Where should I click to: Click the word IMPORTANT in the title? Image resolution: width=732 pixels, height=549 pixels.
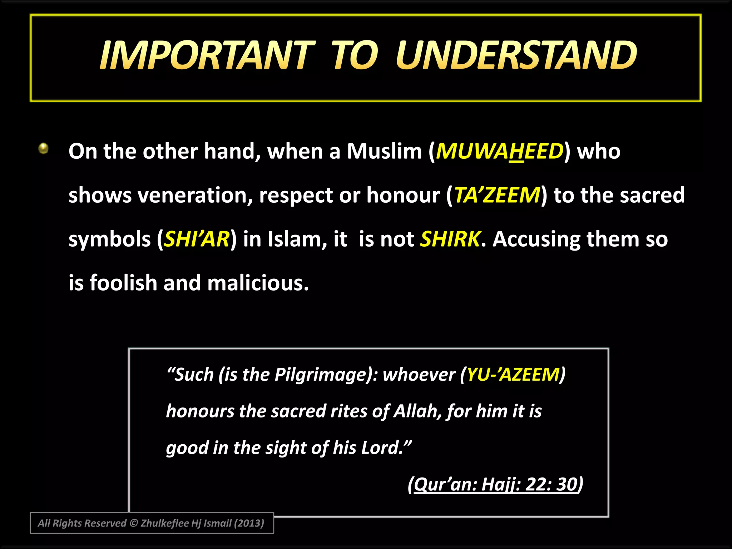pos(207,55)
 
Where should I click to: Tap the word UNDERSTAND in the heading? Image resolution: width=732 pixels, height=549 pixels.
pos(516,55)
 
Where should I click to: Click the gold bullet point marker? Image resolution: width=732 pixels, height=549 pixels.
pos(44,148)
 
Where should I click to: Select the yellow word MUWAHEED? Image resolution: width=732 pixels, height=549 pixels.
pos(499,151)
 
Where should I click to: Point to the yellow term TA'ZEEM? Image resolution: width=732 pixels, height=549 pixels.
pos(497,195)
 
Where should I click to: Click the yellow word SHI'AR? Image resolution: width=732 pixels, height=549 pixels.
pos(197,239)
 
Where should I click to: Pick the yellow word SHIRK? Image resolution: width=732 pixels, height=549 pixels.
pos(450,239)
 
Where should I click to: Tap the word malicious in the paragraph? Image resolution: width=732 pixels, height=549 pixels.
pos(258,283)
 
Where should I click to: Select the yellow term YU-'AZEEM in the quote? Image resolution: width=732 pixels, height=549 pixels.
pos(513,375)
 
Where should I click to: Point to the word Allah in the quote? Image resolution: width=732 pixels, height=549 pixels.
pos(415,411)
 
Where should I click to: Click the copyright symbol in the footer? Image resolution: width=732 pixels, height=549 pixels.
pos(133,523)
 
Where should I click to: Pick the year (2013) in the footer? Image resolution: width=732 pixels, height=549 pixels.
pos(249,523)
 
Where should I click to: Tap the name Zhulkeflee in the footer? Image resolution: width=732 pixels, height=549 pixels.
pos(164,523)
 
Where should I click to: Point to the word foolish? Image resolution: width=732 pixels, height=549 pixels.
pos(123,283)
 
